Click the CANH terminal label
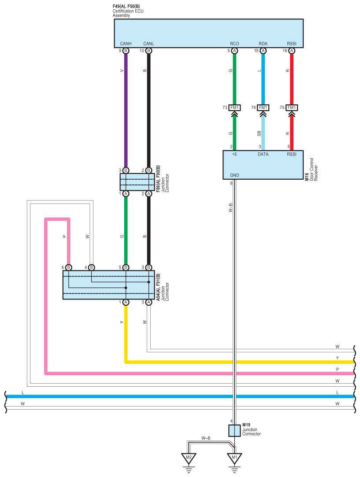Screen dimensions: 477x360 click(126, 44)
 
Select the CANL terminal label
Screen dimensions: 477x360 click(148, 44)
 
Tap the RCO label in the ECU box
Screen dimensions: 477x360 click(234, 44)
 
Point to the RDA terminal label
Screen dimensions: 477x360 click(263, 44)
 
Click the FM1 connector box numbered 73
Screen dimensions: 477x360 click(234, 108)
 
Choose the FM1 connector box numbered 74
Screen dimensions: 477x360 click(263, 108)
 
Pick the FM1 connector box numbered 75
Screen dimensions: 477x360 click(291, 108)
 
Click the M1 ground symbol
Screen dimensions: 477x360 click(234, 459)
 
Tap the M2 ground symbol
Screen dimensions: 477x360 click(189, 459)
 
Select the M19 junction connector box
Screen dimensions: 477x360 click(234, 430)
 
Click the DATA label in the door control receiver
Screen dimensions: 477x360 click(263, 155)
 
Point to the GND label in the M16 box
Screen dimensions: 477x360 click(234, 175)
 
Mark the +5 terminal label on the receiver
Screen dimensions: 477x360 click(234, 155)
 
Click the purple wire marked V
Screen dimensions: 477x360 click(126, 110)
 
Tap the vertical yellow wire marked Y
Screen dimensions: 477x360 click(126, 330)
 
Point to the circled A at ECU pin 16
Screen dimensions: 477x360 click(291, 51)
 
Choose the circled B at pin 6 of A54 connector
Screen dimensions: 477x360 click(68, 267)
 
